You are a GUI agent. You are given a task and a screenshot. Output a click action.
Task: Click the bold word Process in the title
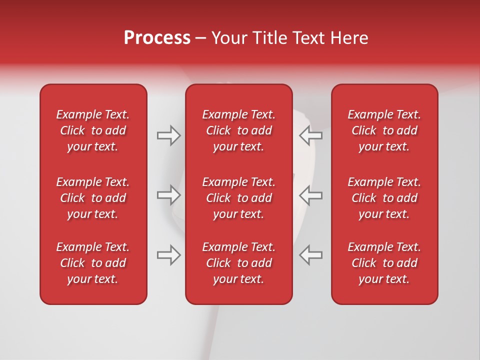point(157,38)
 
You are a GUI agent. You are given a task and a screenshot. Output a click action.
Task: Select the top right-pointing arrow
point(168,135)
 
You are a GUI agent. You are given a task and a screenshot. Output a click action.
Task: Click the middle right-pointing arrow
point(168,195)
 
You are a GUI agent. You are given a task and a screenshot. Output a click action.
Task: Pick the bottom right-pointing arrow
point(168,255)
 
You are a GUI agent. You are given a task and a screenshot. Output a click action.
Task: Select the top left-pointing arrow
point(311,135)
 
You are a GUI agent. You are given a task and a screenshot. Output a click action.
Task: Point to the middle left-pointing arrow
point(311,195)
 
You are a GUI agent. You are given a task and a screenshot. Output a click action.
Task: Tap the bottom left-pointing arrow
point(311,255)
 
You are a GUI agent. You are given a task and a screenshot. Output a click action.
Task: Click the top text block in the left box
point(93,130)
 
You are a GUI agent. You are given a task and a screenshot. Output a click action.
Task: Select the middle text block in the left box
point(93,198)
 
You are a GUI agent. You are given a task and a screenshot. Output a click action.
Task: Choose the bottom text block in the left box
point(93,263)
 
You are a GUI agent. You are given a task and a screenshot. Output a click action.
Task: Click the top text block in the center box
point(239,130)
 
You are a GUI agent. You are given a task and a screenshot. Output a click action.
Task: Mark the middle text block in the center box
point(239,198)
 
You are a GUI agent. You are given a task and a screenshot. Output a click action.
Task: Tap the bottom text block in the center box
point(239,263)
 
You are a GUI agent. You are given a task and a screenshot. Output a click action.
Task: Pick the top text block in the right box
point(384,130)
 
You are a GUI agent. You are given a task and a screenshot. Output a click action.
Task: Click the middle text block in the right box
point(384,198)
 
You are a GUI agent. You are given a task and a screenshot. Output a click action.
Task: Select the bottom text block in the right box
point(384,263)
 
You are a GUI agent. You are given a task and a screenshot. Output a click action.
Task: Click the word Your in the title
point(228,38)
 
